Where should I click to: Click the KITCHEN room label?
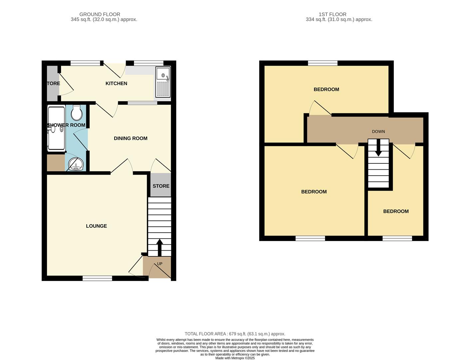[116, 83]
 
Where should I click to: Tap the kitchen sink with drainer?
[163, 82]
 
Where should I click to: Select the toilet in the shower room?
[77, 113]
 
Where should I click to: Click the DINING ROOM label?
[130, 138]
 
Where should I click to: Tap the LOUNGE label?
[96, 226]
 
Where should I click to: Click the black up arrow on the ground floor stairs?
[159, 247]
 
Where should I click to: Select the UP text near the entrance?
[160, 264]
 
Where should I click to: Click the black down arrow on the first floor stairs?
[378, 148]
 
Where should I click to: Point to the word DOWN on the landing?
[378, 132]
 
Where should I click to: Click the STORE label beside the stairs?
[161, 186]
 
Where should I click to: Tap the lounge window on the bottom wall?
[97, 278]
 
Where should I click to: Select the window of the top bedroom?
[322, 63]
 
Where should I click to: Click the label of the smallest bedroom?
[396, 211]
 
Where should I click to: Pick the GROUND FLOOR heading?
[100, 14]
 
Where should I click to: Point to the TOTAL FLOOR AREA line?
[235, 334]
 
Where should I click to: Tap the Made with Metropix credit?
[235, 358]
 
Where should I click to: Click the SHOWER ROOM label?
[66, 125]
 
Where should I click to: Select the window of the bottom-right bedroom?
[397, 238]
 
